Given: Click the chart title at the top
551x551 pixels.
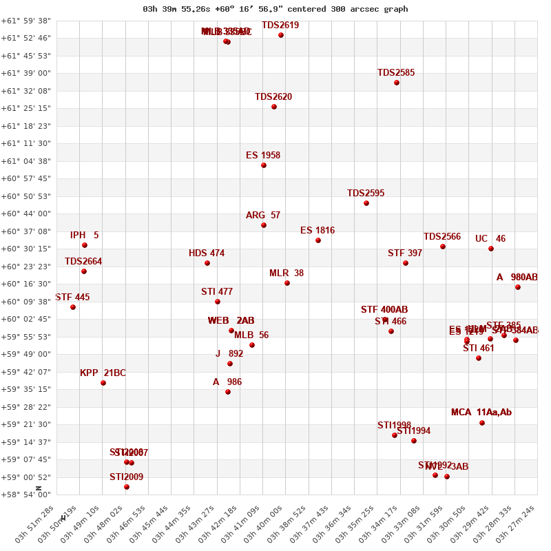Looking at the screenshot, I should coord(275,9).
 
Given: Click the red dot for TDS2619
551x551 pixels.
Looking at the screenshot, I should coord(281,35).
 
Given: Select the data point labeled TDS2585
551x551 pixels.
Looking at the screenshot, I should coord(397,83).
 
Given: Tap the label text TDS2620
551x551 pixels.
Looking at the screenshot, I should coord(273,97).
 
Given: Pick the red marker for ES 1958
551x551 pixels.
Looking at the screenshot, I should coord(264,165).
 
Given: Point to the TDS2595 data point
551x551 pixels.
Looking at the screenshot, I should coord(366,203).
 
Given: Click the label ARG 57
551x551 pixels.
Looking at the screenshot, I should coord(263,216).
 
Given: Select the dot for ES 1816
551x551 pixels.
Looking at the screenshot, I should coord(318,240).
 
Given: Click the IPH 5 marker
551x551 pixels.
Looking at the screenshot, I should coord(85,245).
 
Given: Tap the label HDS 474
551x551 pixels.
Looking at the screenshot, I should coord(207,253).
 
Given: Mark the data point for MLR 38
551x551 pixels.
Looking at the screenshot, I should coord(287,283).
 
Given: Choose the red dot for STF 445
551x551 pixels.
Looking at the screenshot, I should coord(73,307).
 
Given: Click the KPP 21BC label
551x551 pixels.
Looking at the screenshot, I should coord(103,373).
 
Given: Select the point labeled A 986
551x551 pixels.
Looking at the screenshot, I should coord(228,392).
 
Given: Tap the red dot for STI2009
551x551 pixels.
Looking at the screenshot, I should coord(127,487).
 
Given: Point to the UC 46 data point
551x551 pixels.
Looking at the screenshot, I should coord(491,249).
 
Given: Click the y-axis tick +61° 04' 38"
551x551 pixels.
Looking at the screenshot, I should coord(25,161).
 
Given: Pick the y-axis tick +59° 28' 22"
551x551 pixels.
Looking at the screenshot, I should coord(25,407).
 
